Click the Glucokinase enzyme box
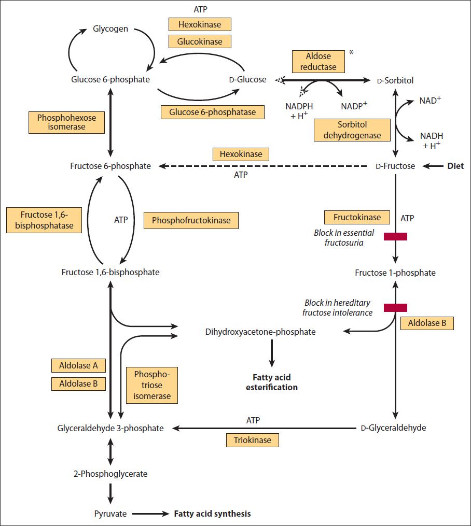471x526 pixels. pos(200,41)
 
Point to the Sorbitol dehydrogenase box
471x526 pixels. pos(352,131)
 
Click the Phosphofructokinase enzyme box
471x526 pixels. pos(191,220)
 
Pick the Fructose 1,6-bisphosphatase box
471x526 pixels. pos(45,220)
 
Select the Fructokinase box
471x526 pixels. pos(356,218)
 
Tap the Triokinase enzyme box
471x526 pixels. pos(253,440)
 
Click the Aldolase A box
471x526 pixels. pos(78,365)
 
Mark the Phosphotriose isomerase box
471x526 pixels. pos(152,385)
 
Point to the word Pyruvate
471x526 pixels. pos(109,514)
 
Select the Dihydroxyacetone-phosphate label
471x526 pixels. pos(260,332)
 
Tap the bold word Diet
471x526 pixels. pos(455,166)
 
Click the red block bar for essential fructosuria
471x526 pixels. pos(395,237)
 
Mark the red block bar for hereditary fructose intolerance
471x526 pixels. pos(395,308)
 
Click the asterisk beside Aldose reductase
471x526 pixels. pos(351,53)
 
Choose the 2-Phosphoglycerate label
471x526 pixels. pos(110,474)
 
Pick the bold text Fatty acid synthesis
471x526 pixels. pos(212,514)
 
